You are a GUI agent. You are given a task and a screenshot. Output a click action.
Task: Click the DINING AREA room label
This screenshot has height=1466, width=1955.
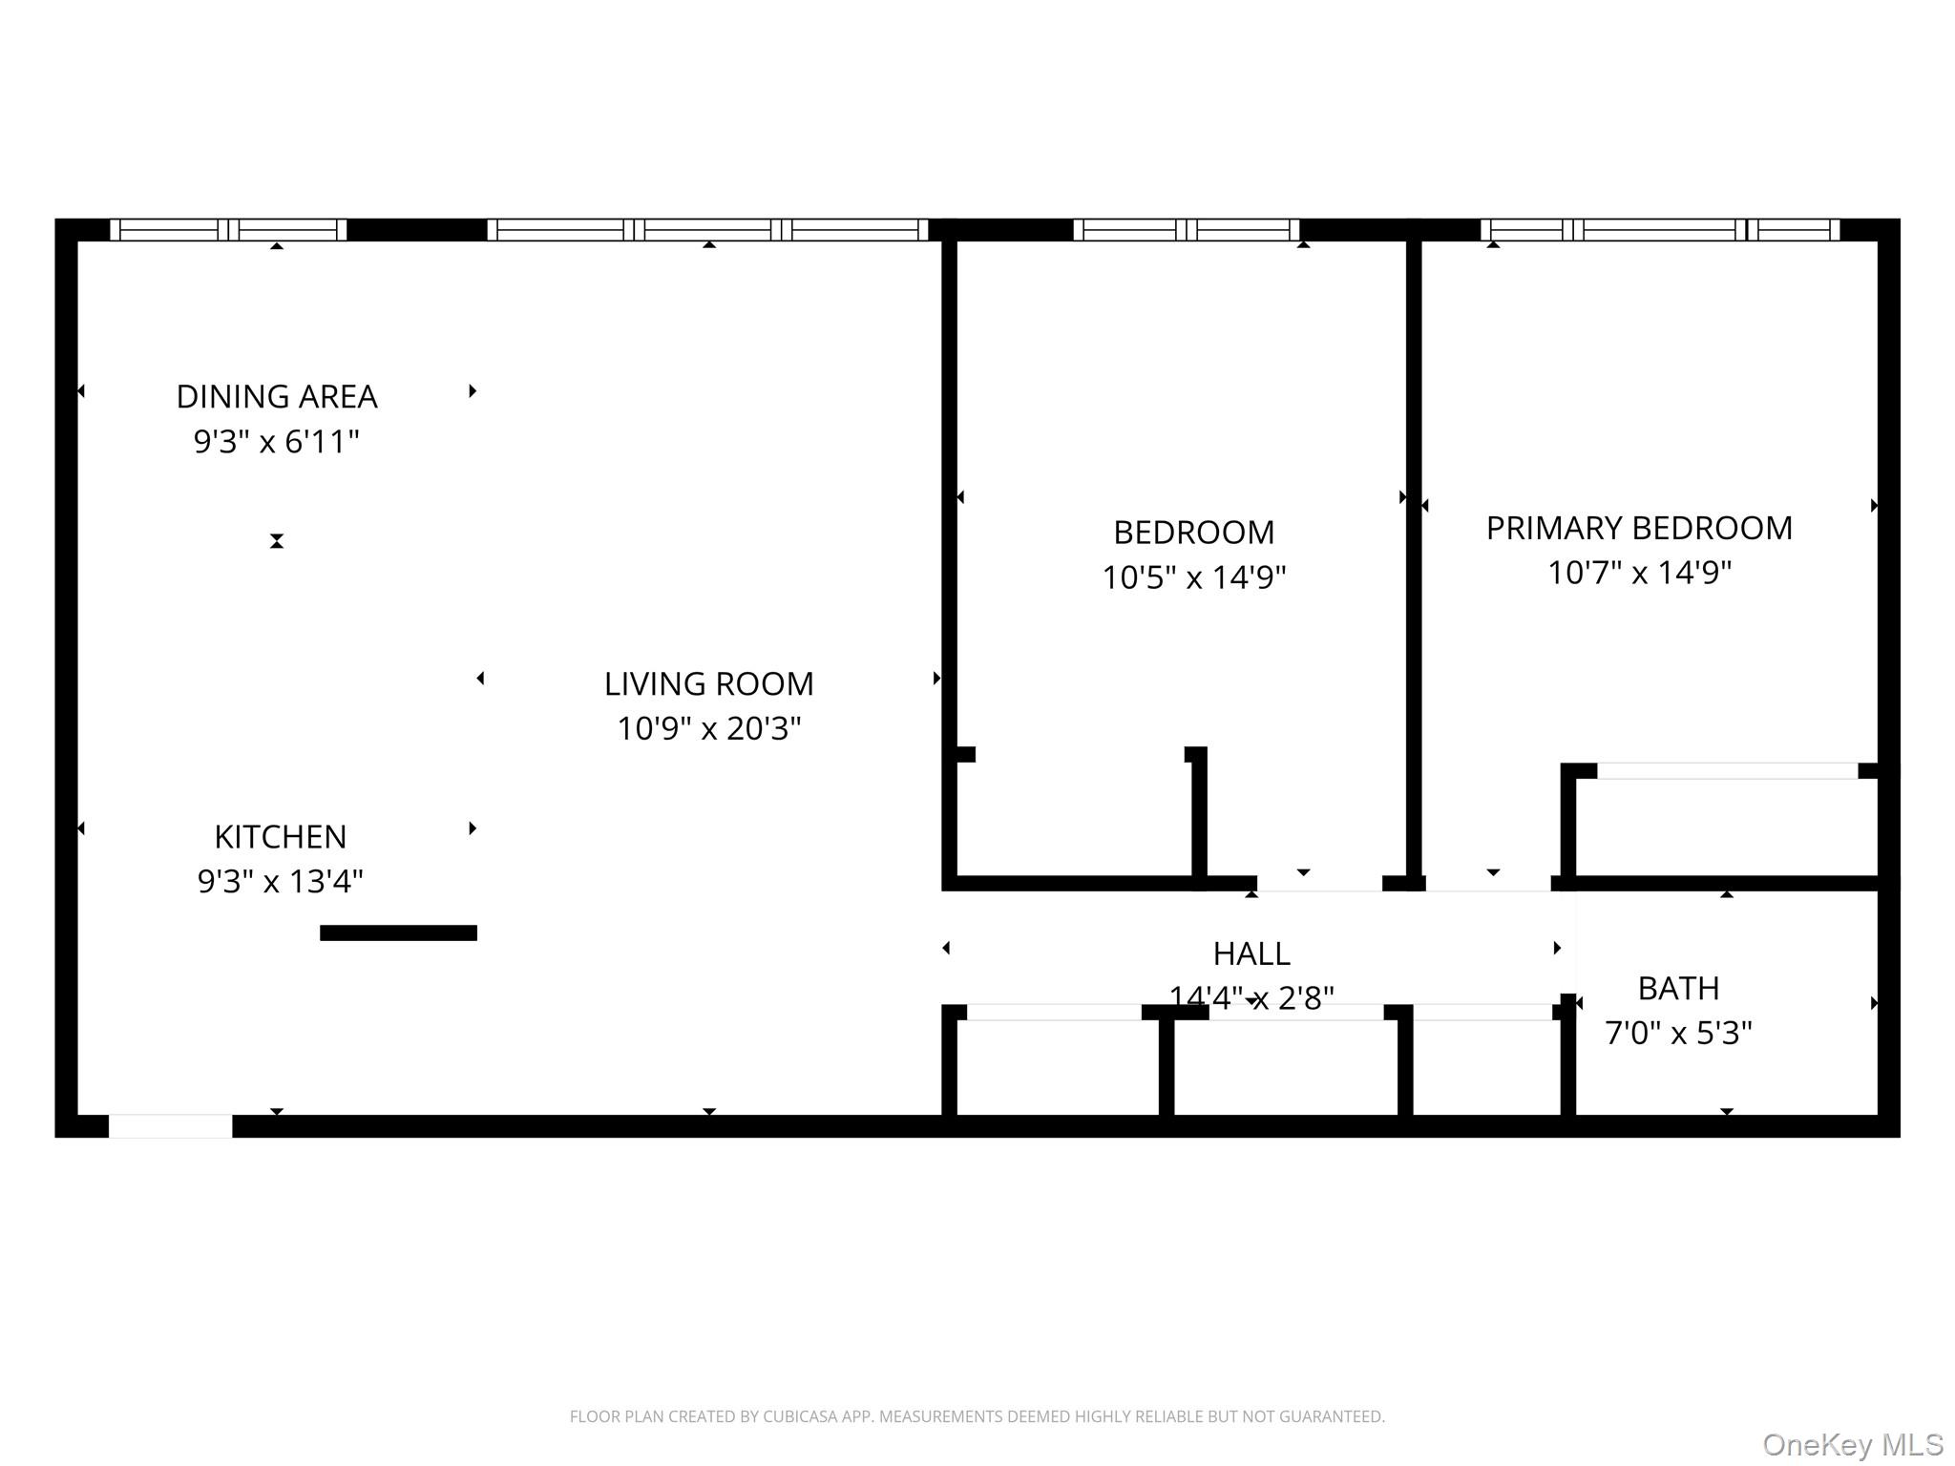[x=277, y=396]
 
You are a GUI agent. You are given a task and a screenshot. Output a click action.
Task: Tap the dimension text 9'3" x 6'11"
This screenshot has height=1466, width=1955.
[x=277, y=441]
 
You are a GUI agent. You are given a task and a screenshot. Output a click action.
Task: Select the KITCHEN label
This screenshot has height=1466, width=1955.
[x=281, y=836]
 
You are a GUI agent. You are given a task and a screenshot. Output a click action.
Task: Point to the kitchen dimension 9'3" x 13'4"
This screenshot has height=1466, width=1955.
[x=281, y=880]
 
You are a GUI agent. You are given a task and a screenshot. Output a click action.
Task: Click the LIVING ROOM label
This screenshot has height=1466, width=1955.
[x=709, y=683]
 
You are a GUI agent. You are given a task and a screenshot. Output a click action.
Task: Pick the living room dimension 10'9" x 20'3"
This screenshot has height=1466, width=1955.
[x=709, y=728]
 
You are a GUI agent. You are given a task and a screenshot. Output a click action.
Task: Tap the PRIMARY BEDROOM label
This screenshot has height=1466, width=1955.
[x=1640, y=528]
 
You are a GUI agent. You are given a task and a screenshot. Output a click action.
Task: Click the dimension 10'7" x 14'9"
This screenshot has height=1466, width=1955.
[x=1640, y=573]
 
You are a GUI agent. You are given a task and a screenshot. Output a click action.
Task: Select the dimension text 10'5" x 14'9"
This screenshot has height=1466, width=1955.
[x=1194, y=576]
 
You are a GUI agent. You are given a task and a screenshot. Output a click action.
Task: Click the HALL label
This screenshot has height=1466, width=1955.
[x=1251, y=953]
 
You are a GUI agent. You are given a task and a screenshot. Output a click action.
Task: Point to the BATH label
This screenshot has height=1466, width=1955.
[x=1679, y=989]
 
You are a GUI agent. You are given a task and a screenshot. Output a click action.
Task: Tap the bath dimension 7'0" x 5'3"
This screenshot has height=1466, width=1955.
[x=1679, y=1033]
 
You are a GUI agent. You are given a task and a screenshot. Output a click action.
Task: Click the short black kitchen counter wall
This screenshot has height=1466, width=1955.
[x=398, y=933]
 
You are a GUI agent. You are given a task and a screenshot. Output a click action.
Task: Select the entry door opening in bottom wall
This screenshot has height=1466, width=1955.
[x=171, y=1126]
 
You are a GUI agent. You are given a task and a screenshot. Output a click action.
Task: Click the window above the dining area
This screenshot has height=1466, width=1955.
[x=228, y=230]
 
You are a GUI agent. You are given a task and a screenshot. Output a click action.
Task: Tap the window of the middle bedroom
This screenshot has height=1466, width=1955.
[x=1187, y=230]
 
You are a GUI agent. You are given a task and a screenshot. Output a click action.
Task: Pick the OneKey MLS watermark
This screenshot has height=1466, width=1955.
[x=1853, y=1445]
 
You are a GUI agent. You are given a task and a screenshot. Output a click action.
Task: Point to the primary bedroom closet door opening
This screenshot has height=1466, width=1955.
[x=1728, y=771]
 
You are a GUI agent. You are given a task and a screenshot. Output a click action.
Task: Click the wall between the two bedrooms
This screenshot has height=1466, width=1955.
[x=1414, y=558]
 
